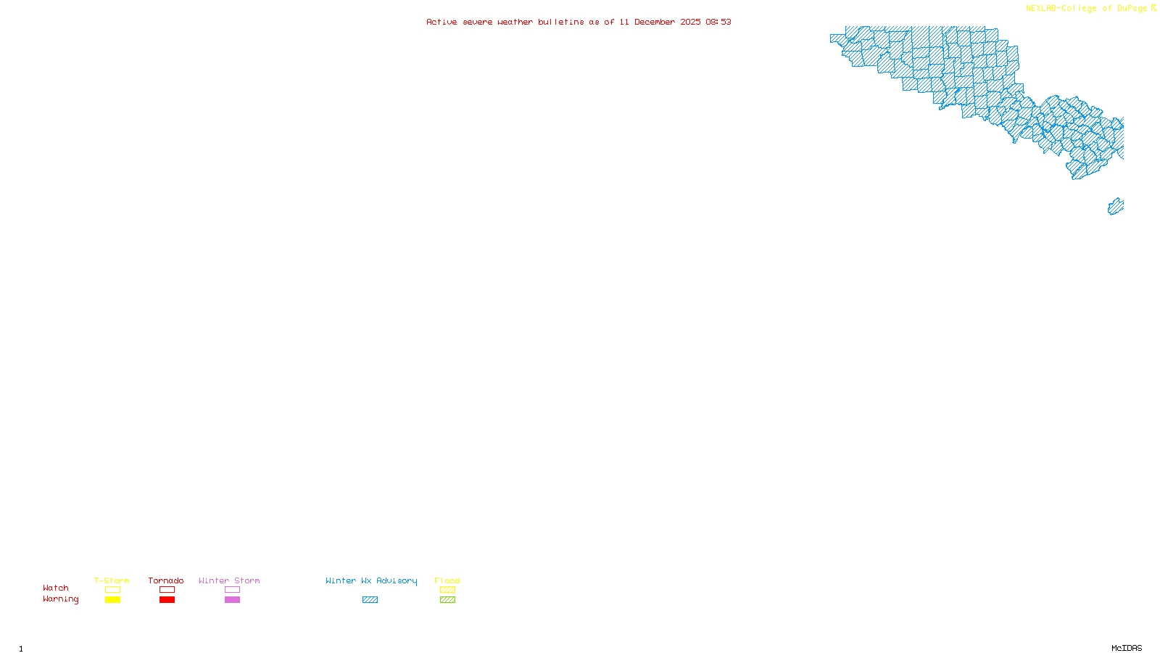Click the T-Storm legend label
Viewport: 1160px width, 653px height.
tap(112, 580)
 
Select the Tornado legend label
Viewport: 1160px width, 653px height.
tap(166, 580)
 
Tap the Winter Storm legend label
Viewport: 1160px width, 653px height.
tap(229, 580)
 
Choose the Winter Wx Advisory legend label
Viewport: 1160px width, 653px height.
tap(371, 580)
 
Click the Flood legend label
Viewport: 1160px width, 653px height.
tap(447, 580)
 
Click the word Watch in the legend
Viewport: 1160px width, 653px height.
tap(56, 588)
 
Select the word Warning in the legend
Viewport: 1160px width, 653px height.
tap(60, 599)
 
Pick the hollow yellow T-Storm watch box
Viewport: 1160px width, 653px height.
tap(112, 590)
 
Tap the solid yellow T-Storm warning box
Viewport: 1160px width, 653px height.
tap(112, 600)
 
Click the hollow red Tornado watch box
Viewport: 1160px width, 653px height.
tap(167, 590)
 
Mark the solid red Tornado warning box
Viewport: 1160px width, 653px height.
tap(167, 600)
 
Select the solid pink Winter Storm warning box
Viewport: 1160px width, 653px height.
tap(232, 600)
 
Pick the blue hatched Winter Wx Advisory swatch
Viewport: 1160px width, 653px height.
tap(370, 600)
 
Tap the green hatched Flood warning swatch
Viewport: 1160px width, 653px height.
tap(447, 600)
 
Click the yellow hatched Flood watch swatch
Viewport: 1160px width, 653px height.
tap(447, 590)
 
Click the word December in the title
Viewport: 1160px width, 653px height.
tap(655, 22)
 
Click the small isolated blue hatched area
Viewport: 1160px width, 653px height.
tap(1115, 207)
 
